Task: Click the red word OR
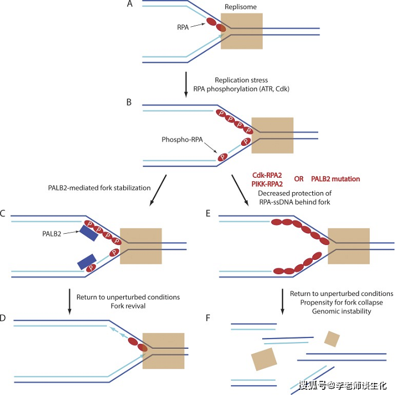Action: pos(299,178)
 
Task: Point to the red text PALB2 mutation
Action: pos(336,178)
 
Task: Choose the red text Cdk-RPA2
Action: pos(268,175)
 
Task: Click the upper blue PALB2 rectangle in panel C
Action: pos(88,233)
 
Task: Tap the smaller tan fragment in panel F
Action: pos(331,340)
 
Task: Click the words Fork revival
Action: pos(128,307)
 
